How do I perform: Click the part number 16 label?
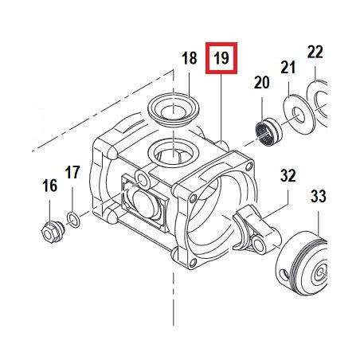click(x=49, y=186)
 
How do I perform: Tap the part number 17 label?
click(x=72, y=172)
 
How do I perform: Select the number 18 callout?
click(x=190, y=58)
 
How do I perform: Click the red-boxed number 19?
click(x=221, y=58)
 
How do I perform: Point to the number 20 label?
click(x=261, y=82)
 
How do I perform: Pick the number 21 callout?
click(x=288, y=68)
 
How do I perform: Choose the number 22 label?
click(x=315, y=52)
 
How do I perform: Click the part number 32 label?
click(x=288, y=175)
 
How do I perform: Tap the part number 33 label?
click(x=319, y=197)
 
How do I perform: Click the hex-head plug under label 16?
click(x=53, y=232)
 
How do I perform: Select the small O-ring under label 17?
click(x=73, y=220)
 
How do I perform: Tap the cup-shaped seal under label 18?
click(x=173, y=109)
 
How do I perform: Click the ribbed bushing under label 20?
click(x=268, y=131)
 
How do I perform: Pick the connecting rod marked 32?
click(x=256, y=229)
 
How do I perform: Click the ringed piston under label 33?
click(x=301, y=263)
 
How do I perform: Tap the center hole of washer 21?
click(x=299, y=115)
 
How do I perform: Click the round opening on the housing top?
click(x=174, y=153)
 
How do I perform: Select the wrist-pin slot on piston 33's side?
click(x=284, y=275)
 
